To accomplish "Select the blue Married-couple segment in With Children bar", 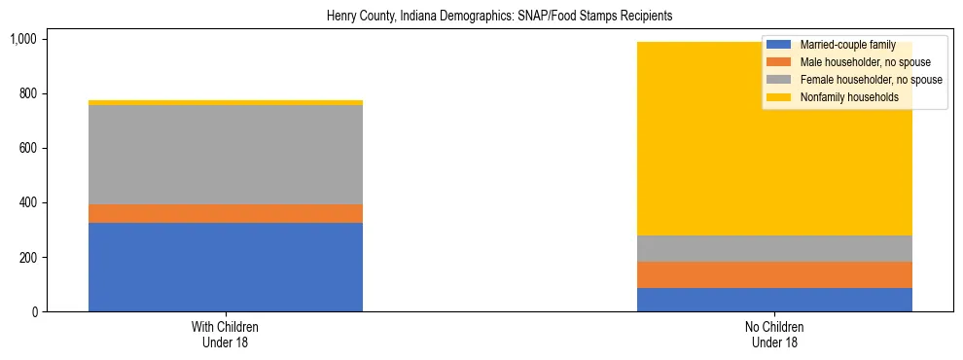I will (226, 267).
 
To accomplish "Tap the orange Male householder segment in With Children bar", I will (226, 213).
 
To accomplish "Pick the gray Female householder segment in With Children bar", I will (226, 155).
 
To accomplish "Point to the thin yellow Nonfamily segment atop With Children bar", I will (226, 102).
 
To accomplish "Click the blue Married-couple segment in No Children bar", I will (774, 300).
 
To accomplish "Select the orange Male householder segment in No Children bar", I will (774, 274).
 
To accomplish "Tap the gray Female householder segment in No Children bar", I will (774, 248).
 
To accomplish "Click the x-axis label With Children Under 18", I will (226, 334).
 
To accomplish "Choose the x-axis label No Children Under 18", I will (774, 334).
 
